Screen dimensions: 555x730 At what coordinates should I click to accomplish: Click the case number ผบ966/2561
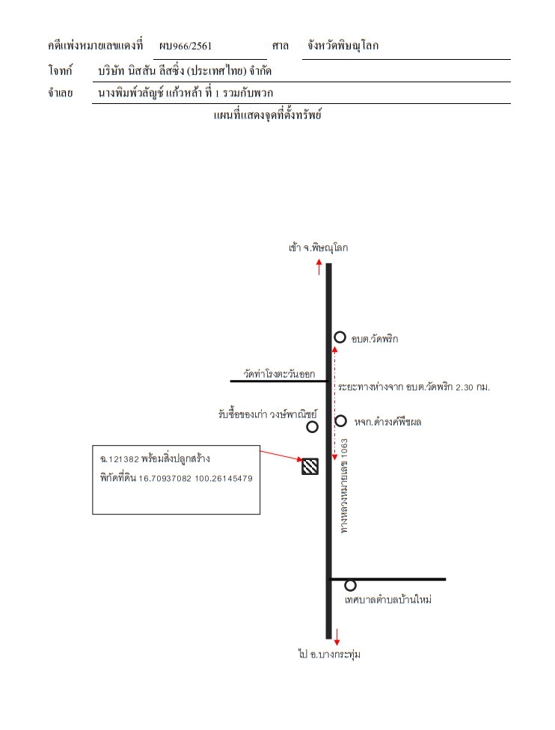(x=185, y=46)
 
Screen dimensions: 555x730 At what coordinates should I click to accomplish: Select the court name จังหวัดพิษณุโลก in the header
(x=343, y=46)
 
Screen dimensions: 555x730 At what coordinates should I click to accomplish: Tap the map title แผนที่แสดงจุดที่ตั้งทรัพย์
(x=267, y=115)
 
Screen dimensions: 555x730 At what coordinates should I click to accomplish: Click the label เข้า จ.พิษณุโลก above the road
(x=318, y=248)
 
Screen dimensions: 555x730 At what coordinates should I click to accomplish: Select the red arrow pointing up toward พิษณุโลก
(x=319, y=267)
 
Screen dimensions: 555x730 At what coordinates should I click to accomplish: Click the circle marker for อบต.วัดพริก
(x=340, y=337)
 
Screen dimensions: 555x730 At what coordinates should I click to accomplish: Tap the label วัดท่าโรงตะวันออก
(x=279, y=373)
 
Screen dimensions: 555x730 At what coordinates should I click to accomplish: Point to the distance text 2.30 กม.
(x=473, y=387)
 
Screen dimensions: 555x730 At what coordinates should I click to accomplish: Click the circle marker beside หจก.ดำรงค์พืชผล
(x=341, y=421)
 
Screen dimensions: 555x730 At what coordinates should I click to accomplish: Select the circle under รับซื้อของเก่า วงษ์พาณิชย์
(x=312, y=426)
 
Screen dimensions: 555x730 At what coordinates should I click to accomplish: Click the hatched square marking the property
(x=310, y=467)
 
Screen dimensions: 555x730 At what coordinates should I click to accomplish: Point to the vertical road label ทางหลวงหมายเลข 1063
(x=344, y=485)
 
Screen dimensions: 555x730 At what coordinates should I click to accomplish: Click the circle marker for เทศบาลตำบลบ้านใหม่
(x=350, y=585)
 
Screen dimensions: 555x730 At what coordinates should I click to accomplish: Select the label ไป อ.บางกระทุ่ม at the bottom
(x=330, y=654)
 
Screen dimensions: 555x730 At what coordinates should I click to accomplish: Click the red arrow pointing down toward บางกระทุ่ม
(x=337, y=637)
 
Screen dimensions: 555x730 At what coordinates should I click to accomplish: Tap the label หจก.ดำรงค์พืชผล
(x=387, y=423)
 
